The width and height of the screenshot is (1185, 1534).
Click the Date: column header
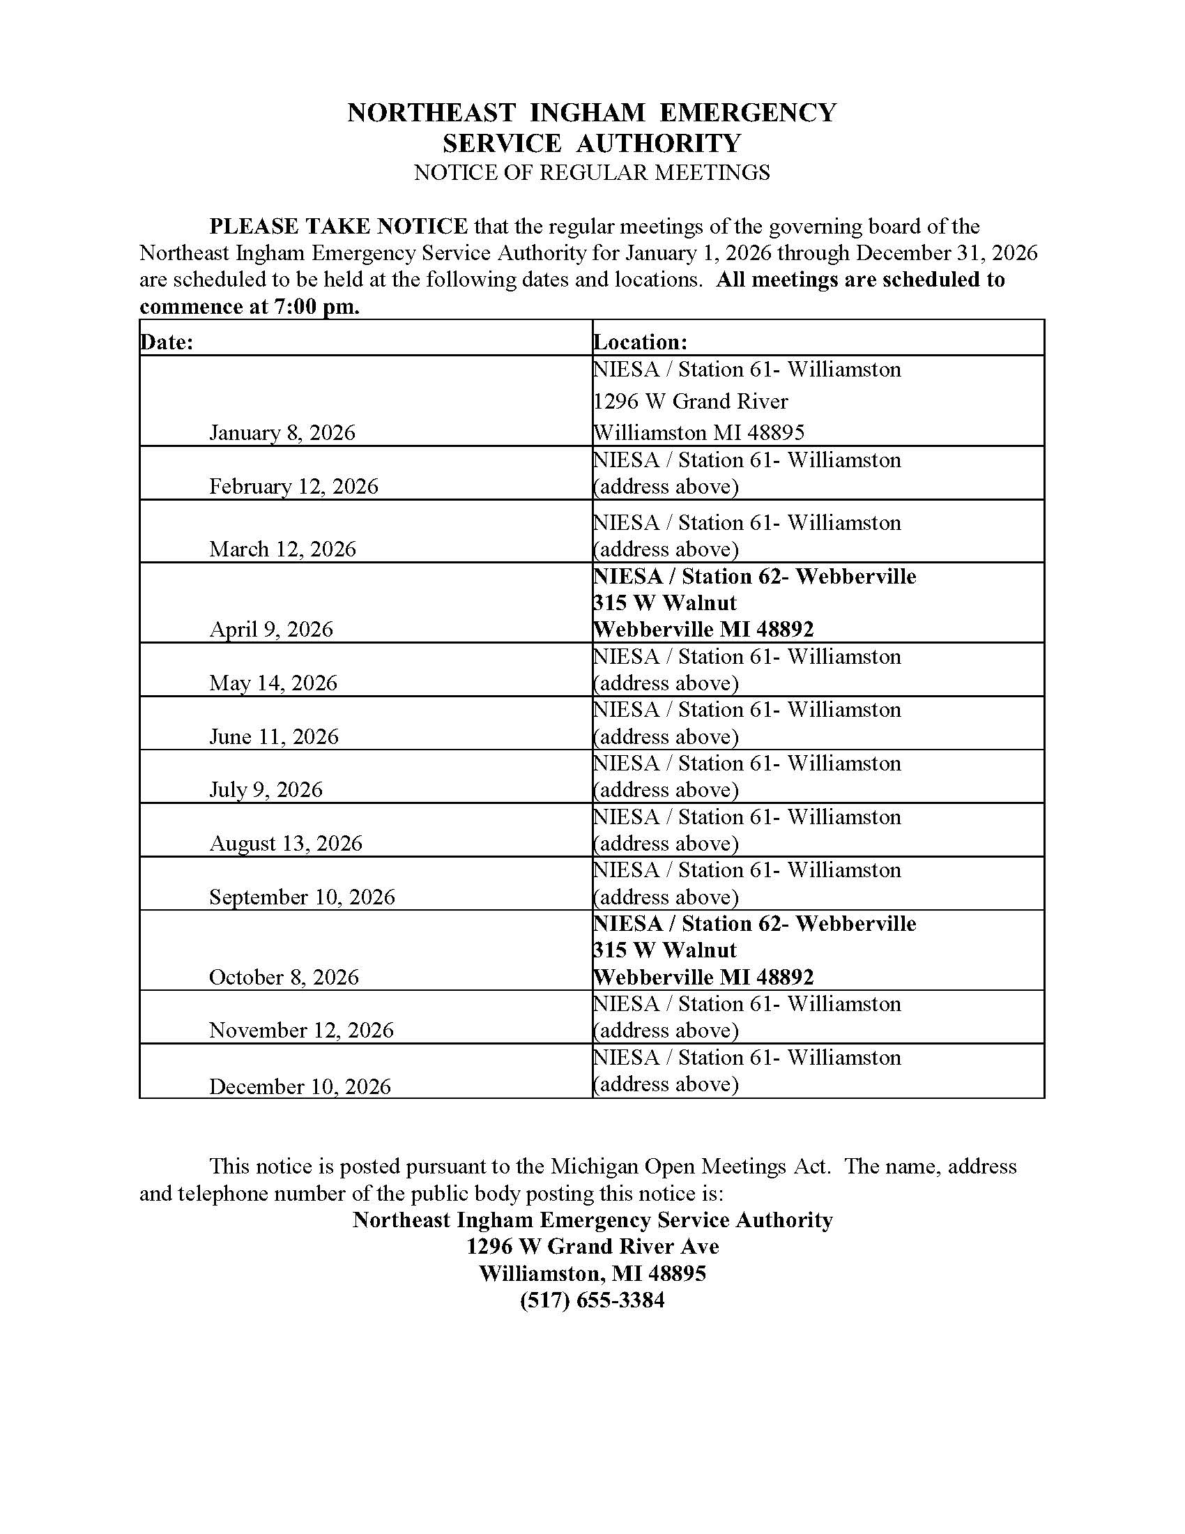tap(167, 342)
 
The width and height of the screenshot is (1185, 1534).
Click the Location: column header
tap(639, 342)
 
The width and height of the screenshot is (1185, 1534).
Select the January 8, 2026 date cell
tap(282, 433)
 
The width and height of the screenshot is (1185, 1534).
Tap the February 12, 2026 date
tap(293, 487)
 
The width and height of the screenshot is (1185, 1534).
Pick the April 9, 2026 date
tap(271, 630)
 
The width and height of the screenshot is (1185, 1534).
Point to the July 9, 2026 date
tap(266, 790)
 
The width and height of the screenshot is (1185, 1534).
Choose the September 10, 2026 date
tap(302, 897)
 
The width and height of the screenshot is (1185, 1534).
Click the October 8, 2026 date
tap(284, 978)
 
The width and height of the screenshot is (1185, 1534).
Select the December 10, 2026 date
tap(300, 1087)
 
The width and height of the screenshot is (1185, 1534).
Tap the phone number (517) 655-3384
tap(592, 1301)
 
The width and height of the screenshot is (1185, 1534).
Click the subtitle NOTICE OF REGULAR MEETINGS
tap(592, 173)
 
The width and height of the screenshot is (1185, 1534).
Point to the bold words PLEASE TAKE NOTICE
tap(338, 226)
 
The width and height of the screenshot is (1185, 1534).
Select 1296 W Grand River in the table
tap(690, 401)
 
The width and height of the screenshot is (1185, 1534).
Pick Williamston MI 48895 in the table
tap(698, 433)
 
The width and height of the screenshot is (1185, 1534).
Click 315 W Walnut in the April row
tap(664, 602)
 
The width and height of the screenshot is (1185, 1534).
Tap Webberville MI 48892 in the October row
tap(703, 977)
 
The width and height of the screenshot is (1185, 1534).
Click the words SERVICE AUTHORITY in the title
tap(592, 143)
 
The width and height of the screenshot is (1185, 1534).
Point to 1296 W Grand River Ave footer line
tap(592, 1247)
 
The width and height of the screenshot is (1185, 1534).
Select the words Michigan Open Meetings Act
tap(690, 1167)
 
